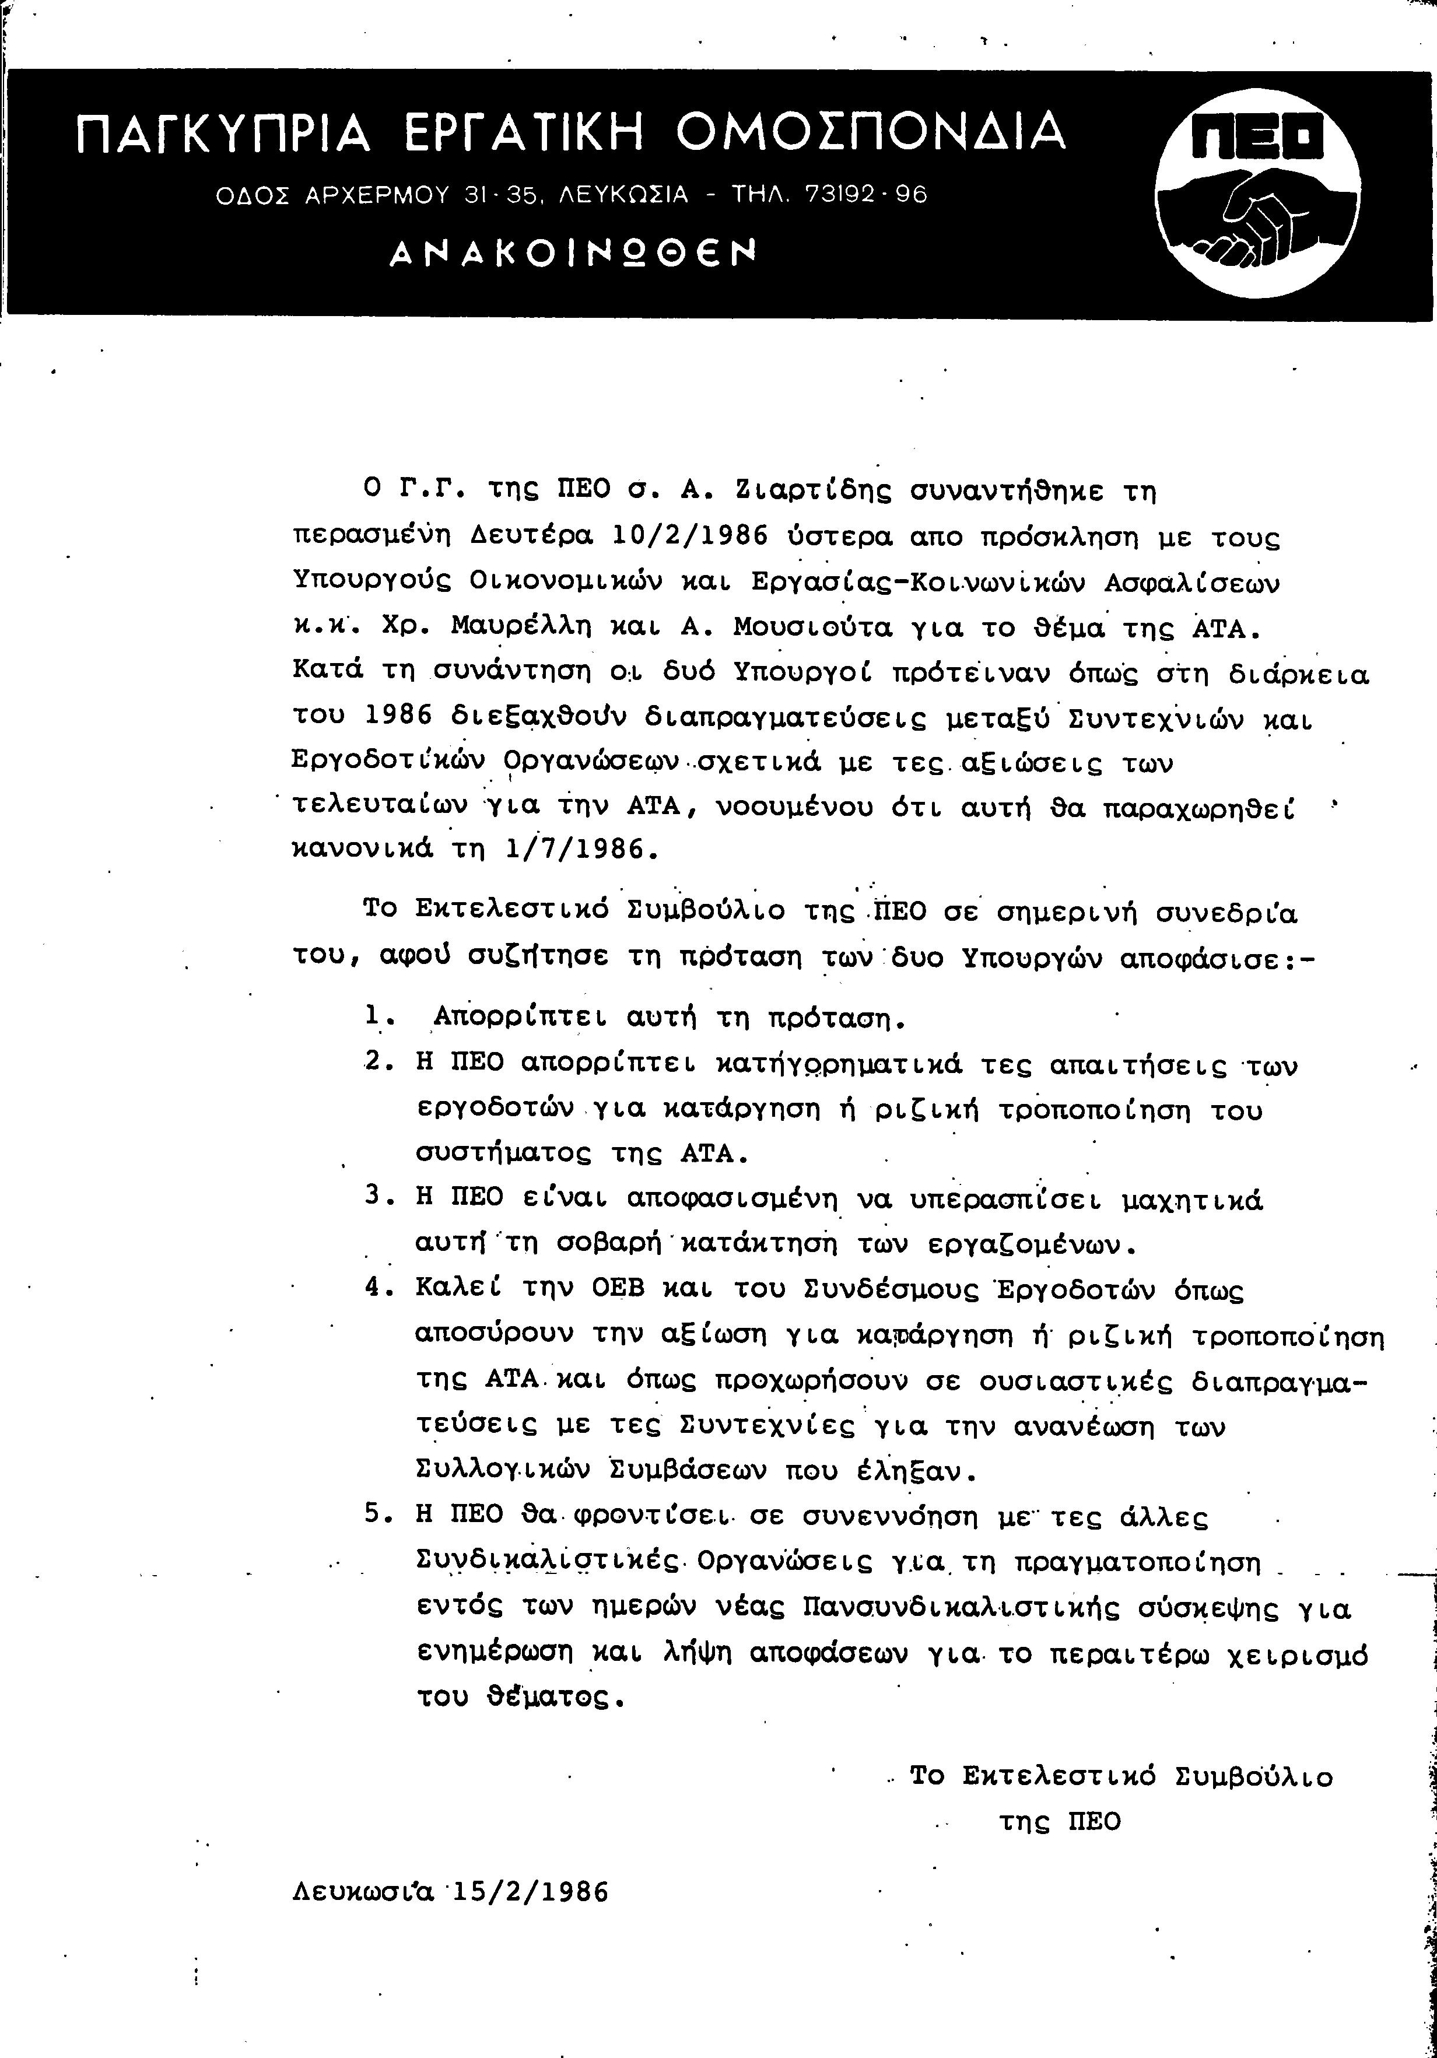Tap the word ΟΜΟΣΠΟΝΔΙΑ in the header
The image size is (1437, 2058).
[x=870, y=132]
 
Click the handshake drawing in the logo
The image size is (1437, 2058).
[x=1255, y=220]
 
